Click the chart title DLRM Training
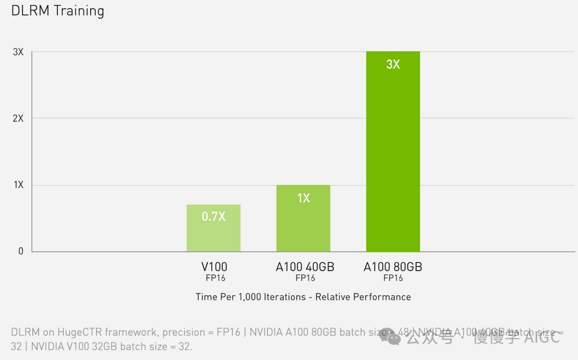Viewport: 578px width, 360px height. pos(58,11)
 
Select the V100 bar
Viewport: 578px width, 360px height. pos(213,231)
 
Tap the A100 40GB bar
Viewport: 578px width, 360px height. pos(303,222)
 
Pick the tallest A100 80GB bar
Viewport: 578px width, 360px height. pos(393,156)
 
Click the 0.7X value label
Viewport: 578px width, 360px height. pos(213,217)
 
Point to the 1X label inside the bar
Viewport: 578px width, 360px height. pos(303,198)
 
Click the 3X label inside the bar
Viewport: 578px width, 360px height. pos(393,64)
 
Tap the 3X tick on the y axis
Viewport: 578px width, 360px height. pos(18,52)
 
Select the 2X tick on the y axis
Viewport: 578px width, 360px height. pos(18,118)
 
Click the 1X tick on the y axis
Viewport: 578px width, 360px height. pos(18,185)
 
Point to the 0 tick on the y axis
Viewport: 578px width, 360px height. pos(20,251)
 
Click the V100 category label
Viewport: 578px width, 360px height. pos(214,267)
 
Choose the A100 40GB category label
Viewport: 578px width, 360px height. pos(305,267)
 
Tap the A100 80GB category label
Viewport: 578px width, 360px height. pos(393,267)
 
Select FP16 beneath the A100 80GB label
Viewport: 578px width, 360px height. pos(393,278)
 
